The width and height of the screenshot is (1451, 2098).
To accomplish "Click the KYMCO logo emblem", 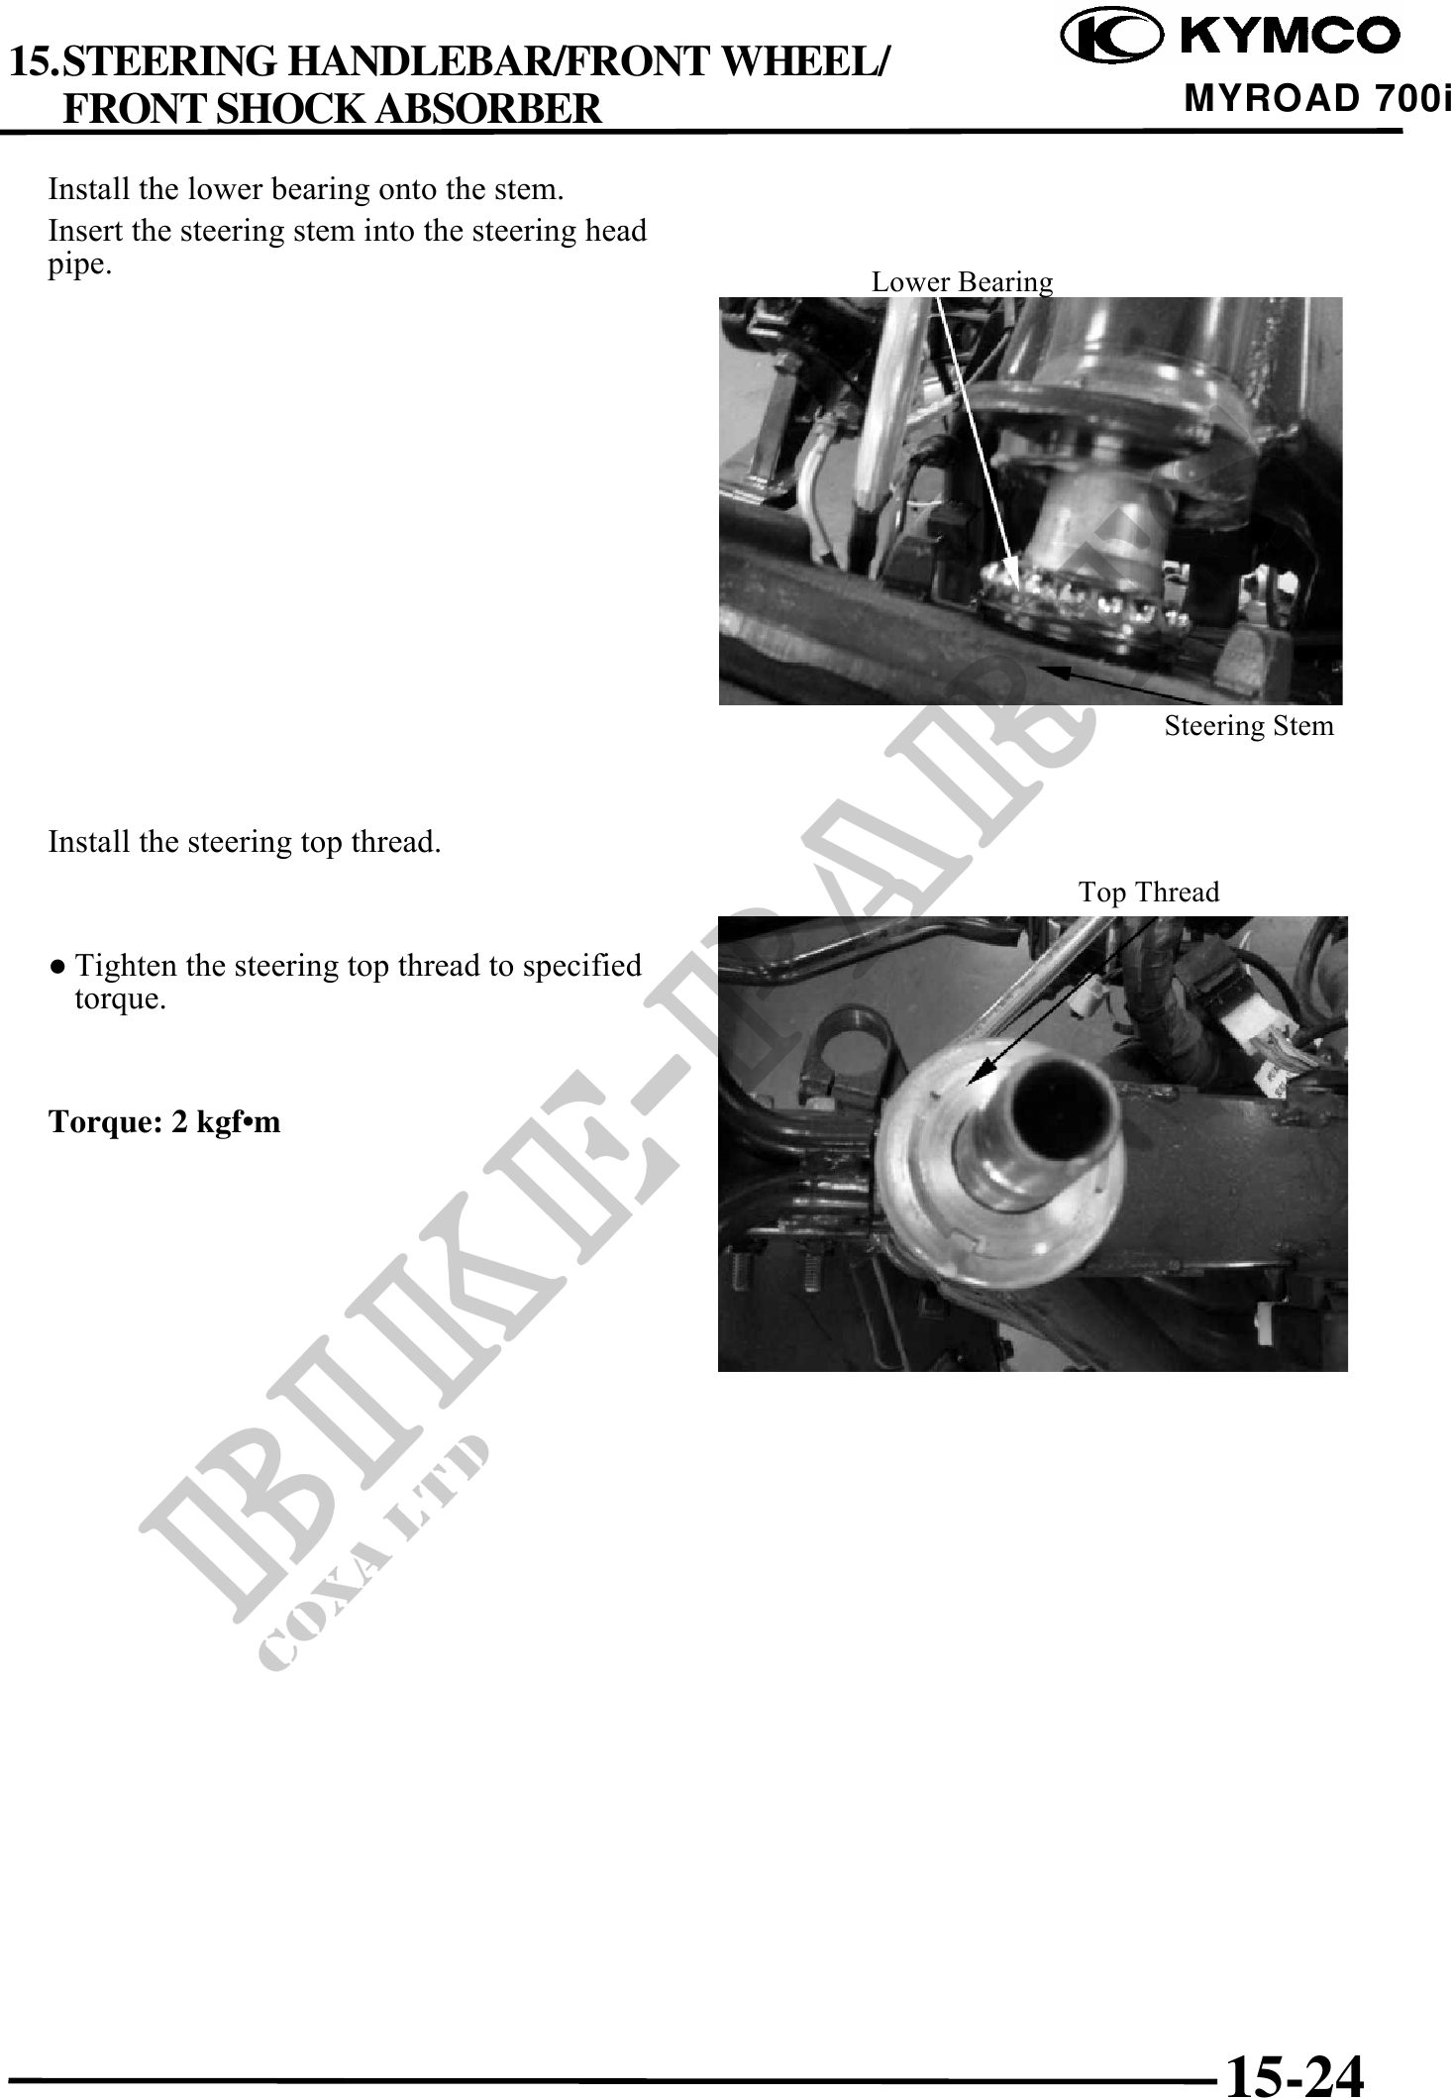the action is tap(1109, 36).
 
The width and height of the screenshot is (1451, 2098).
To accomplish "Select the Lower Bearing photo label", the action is tap(962, 282).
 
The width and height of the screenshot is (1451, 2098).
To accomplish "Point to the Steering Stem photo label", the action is tap(1249, 726).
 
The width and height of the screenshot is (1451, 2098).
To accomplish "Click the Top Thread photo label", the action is tap(1149, 892).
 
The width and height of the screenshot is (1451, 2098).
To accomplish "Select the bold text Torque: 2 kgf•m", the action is tap(164, 1122).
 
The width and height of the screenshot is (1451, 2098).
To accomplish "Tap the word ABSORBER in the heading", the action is tap(488, 108).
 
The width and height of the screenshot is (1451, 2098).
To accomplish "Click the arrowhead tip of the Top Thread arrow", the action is tap(969, 1085).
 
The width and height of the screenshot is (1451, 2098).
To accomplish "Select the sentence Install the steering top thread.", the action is tap(245, 843).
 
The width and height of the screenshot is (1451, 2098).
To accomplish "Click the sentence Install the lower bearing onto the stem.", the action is tap(306, 188).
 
